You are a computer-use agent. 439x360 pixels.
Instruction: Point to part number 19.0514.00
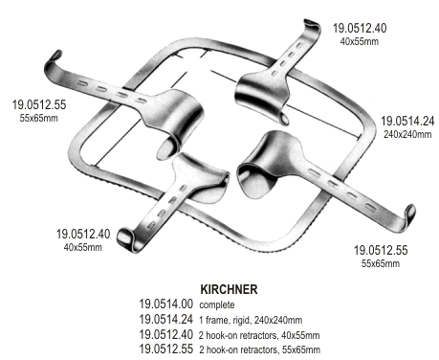tap(166, 304)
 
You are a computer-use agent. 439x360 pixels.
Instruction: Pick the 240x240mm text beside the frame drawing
tap(406, 136)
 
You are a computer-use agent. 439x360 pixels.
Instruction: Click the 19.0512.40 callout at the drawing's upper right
tap(360, 28)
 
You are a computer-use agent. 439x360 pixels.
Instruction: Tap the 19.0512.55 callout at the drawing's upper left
tap(39, 101)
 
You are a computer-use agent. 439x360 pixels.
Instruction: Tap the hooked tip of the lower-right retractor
tap(412, 213)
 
